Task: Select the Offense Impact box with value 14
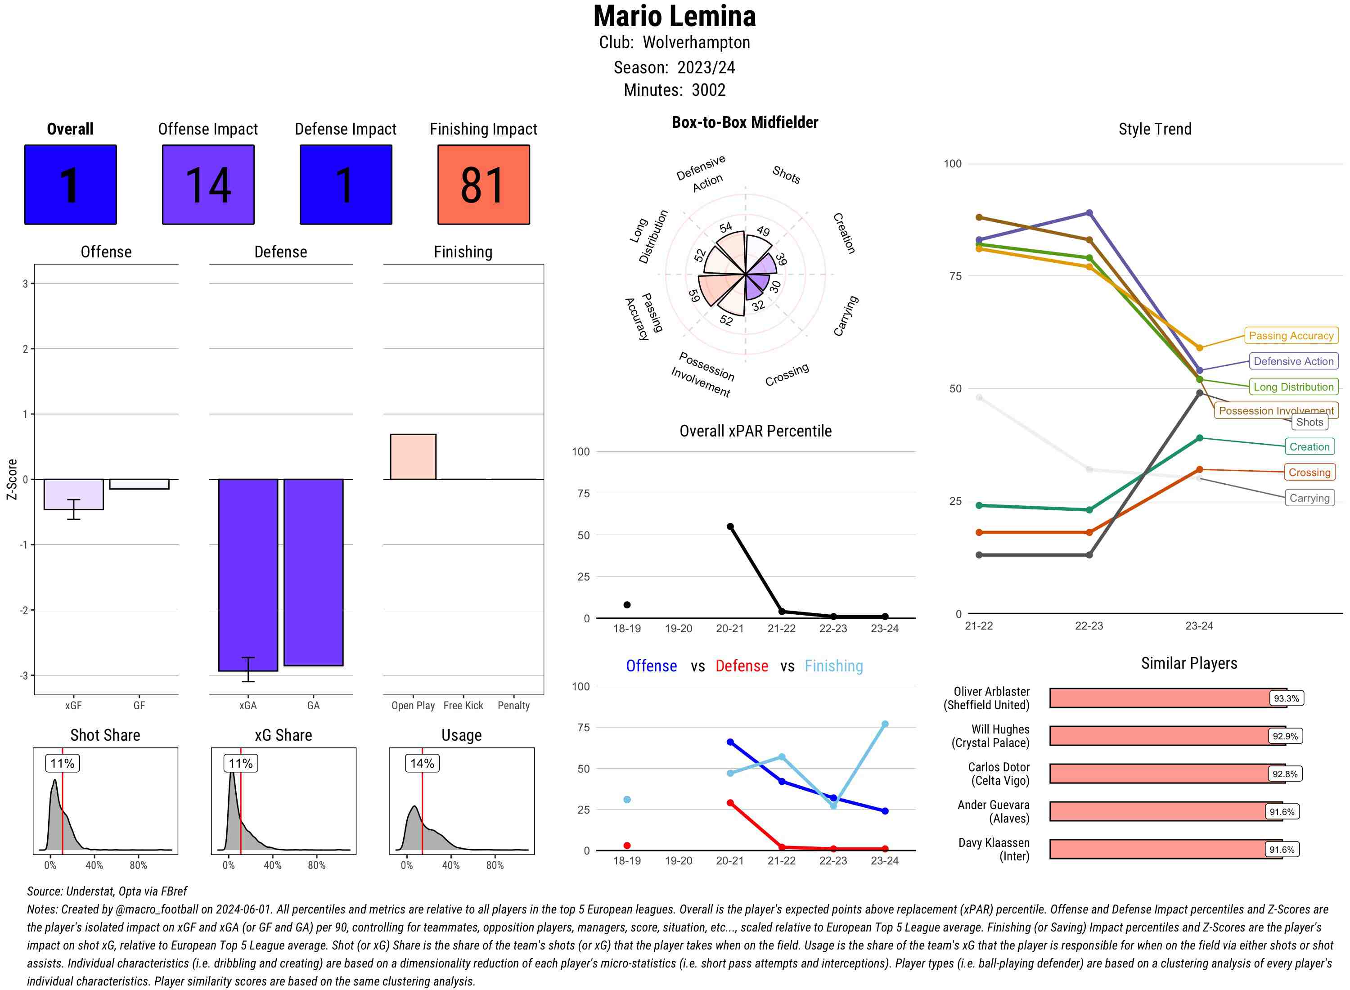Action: tap(208, 184)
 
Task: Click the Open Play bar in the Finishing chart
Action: tap(413, 457)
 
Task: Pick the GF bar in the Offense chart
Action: tap(139, 484)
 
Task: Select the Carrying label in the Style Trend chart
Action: tap(1309, 498)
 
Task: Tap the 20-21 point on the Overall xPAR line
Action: tap(730, 527)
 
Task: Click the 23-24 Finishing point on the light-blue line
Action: tap(884, 724)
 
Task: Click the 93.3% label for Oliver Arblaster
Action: tap(1286, 698)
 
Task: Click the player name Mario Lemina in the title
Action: tap(675, 17)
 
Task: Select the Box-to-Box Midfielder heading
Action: tap(745, 122)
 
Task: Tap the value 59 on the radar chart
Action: tap(694, 296)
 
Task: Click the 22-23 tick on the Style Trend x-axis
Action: tap(1089, 625)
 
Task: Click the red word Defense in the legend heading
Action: tap(741, 666)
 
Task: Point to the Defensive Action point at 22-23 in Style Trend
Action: tap(1089, 213)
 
